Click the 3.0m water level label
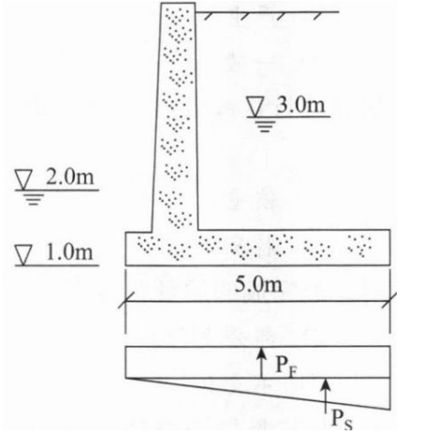click(301, 105)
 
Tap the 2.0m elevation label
click(70, 177)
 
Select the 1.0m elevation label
click(69, 252)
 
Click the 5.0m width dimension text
click(258, 284)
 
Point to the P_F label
click(286, 365)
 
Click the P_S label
click(342, 419)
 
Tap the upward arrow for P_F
click(262, 363)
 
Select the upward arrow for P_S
click(326, 395)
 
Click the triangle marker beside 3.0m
click(255, 106)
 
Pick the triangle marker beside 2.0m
click(23, 180)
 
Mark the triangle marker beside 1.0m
click(23, 255)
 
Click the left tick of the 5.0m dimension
click(125, 301)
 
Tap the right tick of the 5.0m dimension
click(390, 301)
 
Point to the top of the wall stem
click(178, 3)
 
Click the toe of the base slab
click(126, 248)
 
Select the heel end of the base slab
click(390, 247)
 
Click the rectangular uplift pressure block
click(257, 362)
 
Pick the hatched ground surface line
click(268, 12)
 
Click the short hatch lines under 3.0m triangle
click(265, 127)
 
